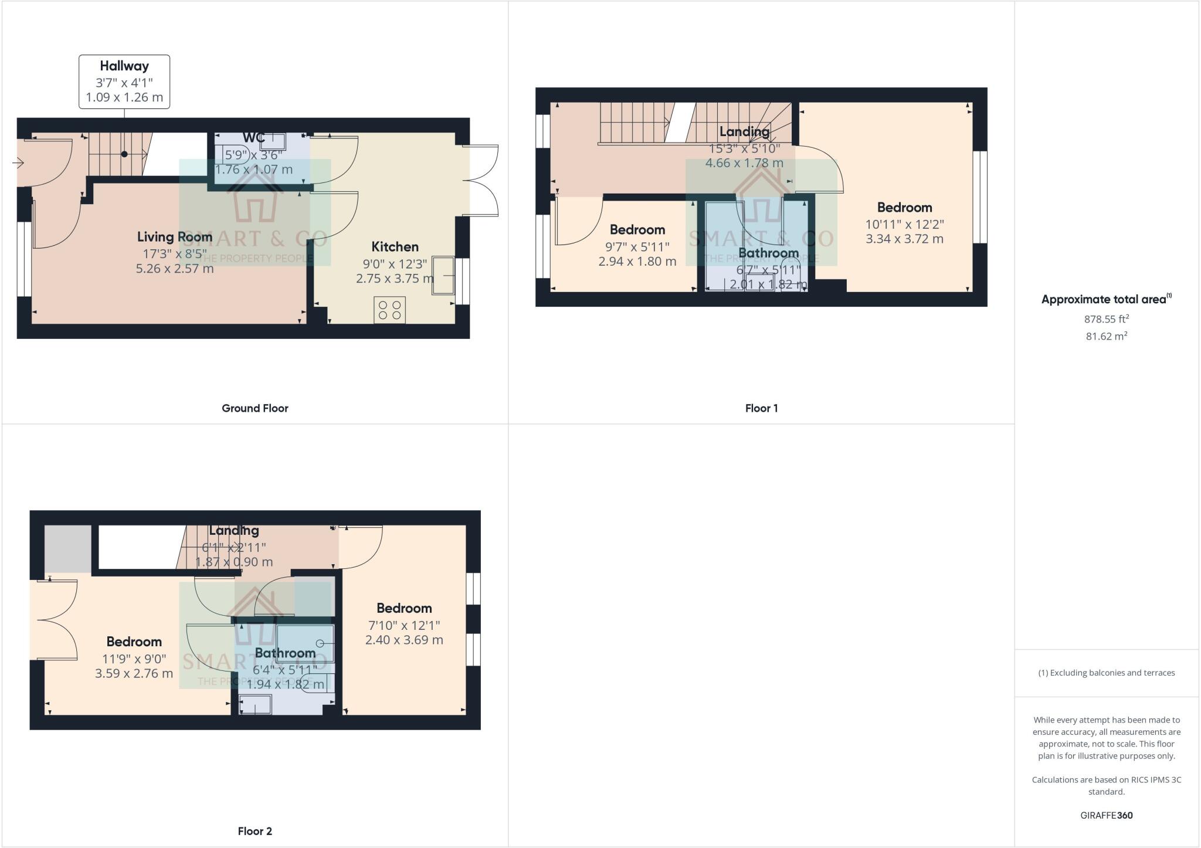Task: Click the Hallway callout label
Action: [x=124, y=82]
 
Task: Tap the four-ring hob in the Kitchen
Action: [x=390, y=310]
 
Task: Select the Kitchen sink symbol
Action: [x=443, y=275]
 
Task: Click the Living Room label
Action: [x=175, y=237]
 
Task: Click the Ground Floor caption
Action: [x=255, y=408]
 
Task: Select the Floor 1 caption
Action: [x=761, y=408]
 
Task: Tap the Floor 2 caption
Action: [x=255, y=831]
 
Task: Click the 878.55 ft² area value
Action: [x=1106, y=320]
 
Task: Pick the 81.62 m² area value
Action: [x=1106, y=337]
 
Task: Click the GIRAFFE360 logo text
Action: [x=1106, y=815]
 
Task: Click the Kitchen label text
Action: [x=395, y=247]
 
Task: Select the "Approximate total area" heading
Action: [x=1104, y=300]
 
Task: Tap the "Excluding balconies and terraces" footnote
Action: [x=1107, y=673]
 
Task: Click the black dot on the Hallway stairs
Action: [x=124, y=154]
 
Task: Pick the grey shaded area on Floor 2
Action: [x=68, y=548]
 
